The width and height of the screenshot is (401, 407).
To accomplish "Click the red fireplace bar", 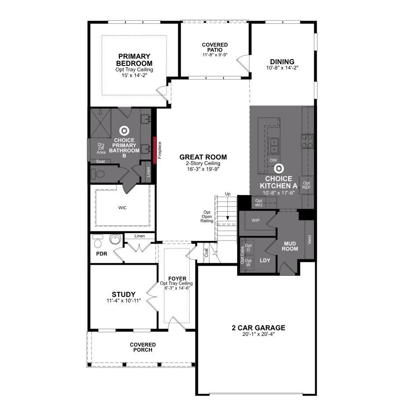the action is click(155, 150).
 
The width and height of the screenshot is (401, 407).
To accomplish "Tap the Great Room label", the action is click(203, 157).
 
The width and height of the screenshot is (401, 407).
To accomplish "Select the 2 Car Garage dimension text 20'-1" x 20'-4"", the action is click(258, 334).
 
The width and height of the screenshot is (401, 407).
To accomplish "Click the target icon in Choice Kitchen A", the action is click(278, 169).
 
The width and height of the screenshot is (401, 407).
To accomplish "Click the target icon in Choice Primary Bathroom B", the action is click(124, 131).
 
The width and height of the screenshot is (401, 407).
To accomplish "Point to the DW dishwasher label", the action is click(274, 160).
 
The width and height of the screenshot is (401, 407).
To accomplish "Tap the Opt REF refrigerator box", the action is click(307, 185).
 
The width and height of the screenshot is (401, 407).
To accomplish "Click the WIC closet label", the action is click(123, 208).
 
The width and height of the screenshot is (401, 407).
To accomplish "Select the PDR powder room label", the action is click(102, 254).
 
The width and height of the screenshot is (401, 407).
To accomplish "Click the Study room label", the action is click(123, 294).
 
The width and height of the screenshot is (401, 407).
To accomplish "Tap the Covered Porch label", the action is click(143, 347).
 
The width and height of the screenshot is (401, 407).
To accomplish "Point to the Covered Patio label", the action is click(215, 47).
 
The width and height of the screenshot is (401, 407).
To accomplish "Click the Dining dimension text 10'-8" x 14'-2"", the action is click(282, 68).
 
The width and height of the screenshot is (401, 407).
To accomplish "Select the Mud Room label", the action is click(290, 246).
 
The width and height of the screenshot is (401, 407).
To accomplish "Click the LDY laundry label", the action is click(265, 260).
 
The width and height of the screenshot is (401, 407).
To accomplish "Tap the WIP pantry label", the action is click(256, 220).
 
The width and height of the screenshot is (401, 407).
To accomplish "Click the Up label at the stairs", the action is click(228, 194).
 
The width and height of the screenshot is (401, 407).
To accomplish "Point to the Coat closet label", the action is click(206, 253).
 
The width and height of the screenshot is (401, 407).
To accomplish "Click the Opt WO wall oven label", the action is click(259, 203).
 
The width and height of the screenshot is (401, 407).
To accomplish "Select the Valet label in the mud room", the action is click(309, 240).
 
